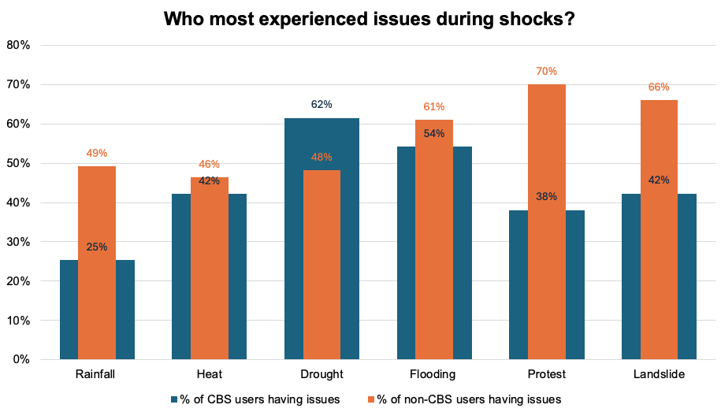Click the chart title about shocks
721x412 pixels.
pyautogui.click(x=368, y=18)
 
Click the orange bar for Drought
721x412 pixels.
pyautogui.click(x=321, y=268)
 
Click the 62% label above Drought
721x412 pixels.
pyautogui.click(x=321, y=104)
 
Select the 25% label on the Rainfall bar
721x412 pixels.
pyautogui.click(x=97, y=247)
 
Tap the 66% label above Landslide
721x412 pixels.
pyautogui.click(x=659, y=87)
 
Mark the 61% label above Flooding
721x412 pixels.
pyautogui.click(x=434, y=106)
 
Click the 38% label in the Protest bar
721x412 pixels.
pyautogui.click(x=547, y=196)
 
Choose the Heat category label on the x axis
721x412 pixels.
pyautogui.click(x=209, y=373)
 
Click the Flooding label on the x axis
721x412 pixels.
pyautogui.click(x=434, y=373)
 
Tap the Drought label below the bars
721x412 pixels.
pyautogui.click(x=321, y=373)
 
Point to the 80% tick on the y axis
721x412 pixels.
pyautogui.click(x=19, y=45)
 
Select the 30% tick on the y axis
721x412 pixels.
pyautogui.click(x=19, y=242)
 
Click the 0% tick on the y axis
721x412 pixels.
pyautogui.click(x=21, y=360)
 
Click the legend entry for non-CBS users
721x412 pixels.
pyautogui.click(x=465, y=399)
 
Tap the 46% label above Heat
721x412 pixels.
pyautogui.click(x=209, y=165)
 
